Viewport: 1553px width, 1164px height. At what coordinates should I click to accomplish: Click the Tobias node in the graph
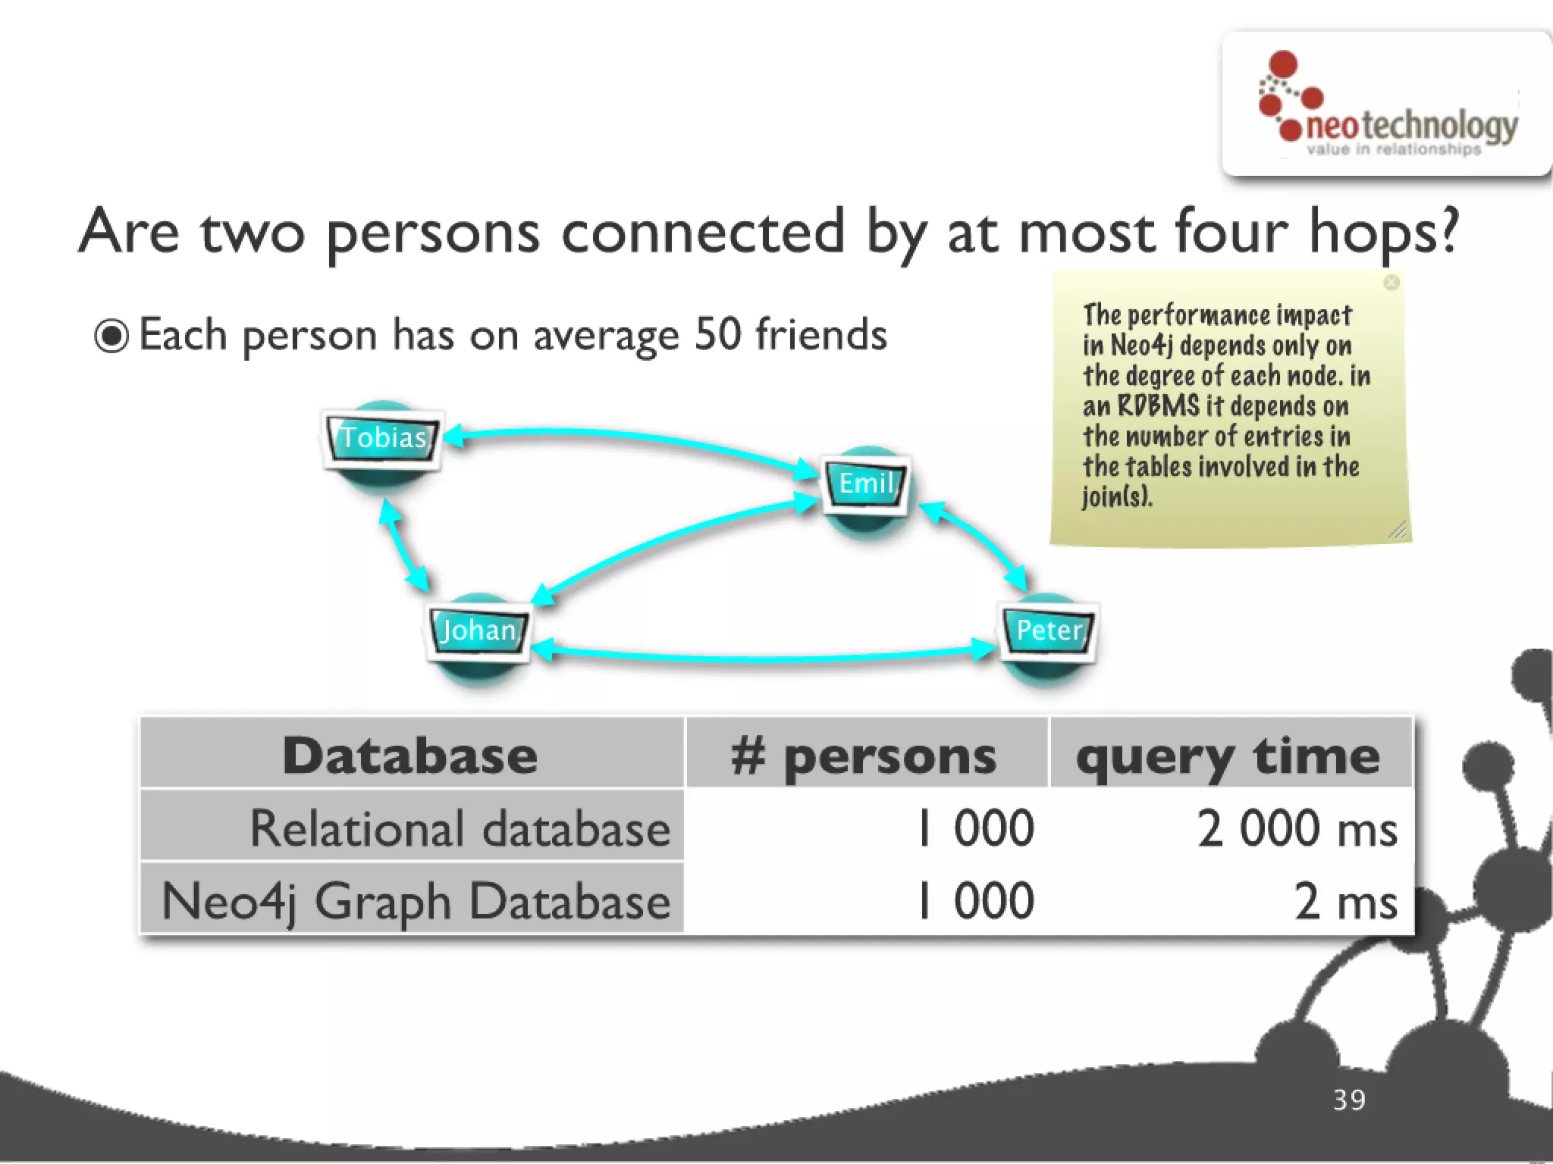pos(383,438)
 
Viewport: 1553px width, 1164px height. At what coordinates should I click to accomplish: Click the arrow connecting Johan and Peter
pos(762,657)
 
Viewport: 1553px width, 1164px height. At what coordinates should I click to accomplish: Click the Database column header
pos(410,756)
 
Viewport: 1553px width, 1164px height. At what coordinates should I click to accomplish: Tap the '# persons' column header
pos(864,756)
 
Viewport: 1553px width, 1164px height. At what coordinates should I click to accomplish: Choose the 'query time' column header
pos(1228,756)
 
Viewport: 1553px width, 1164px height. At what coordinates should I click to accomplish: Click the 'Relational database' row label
pos(460,828)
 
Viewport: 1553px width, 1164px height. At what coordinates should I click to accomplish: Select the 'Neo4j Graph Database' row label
pos(416,901)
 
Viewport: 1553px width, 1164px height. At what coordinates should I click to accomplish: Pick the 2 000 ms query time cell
pos(1297,828)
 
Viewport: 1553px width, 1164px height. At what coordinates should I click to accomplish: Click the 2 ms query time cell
pos(1345,901)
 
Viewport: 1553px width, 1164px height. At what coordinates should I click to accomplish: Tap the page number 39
pos(1349,1100)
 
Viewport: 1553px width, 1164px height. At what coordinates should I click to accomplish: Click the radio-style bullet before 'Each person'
pos(111,336)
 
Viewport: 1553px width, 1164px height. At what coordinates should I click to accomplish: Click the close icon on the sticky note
pos(1391,283)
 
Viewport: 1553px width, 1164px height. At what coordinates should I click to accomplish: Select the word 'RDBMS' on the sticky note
pos(1158,405)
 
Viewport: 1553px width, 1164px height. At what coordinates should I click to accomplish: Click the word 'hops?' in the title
pos(1383,232)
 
